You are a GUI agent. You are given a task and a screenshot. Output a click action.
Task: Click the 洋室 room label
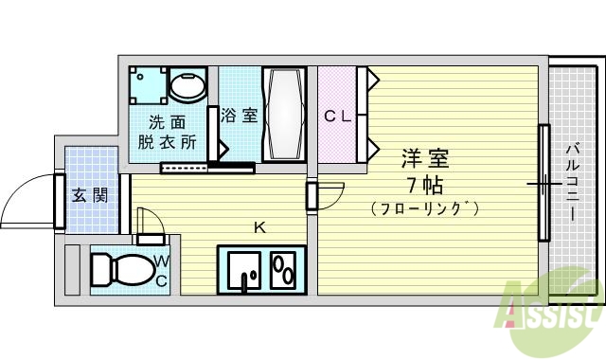(424, 157)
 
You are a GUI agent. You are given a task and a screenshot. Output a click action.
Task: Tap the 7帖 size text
(423, 183)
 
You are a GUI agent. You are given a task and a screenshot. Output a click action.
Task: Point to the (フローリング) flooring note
(424, 207)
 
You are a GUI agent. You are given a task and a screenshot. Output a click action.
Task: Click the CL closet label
(337, 117)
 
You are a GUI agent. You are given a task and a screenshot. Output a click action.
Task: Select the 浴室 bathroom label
(239, 116)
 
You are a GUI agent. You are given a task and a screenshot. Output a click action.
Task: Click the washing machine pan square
(147, 86)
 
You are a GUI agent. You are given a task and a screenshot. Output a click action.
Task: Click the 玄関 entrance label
(90, 196)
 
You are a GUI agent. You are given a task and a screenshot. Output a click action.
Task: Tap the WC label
(161, 270)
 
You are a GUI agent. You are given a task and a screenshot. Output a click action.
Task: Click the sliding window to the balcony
(544, 182)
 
